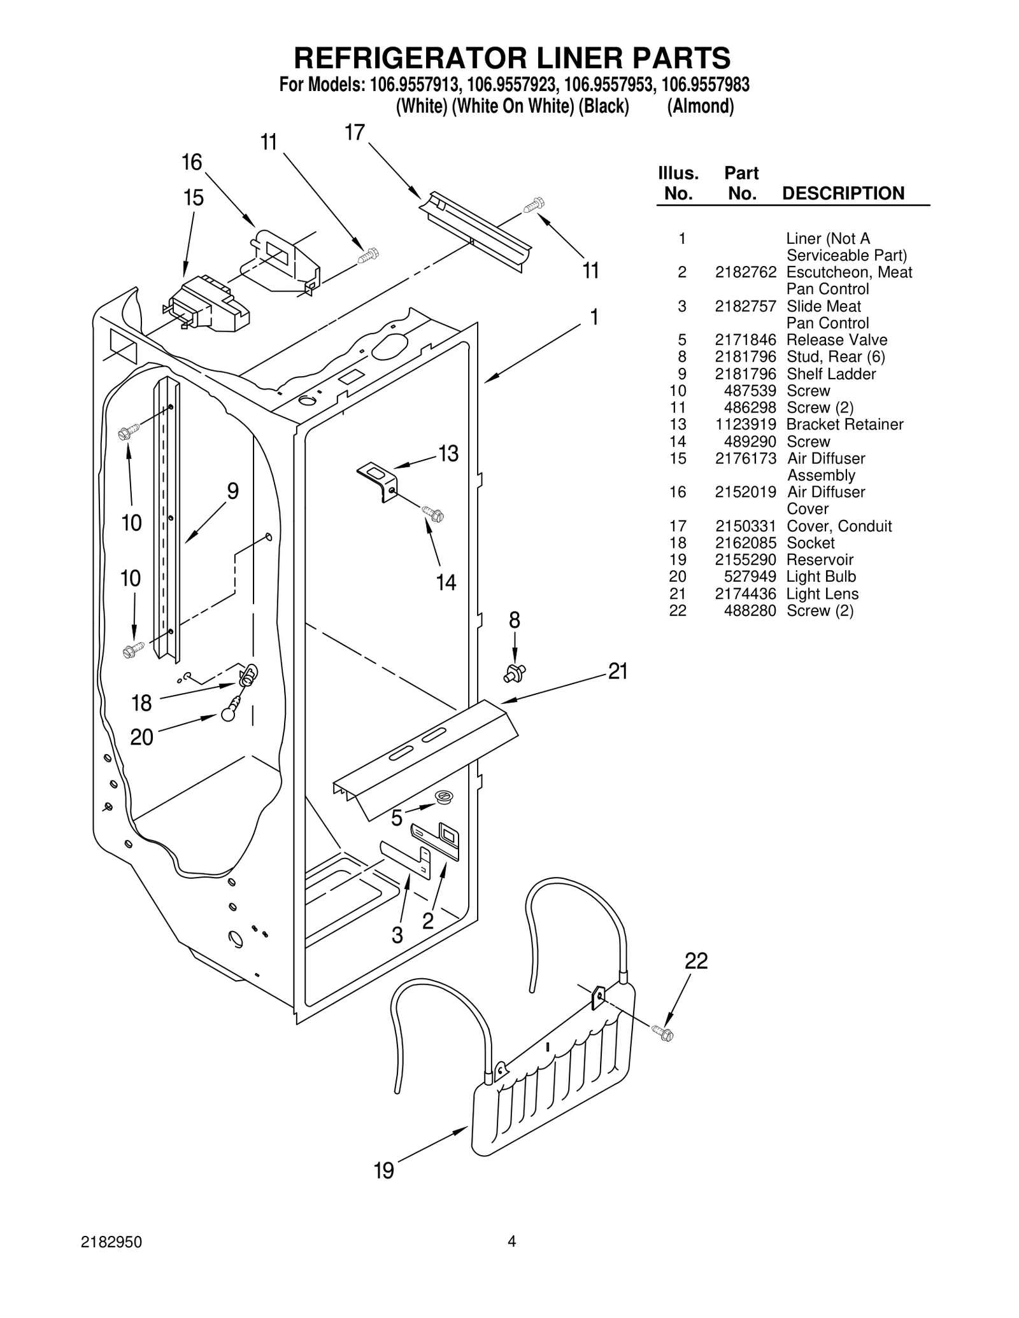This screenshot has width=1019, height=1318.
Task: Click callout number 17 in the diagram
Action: [x=354, y=132]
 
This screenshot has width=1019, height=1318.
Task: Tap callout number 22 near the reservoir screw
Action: [x=696, y=960]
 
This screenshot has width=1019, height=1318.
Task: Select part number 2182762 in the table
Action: [x=745, y=272]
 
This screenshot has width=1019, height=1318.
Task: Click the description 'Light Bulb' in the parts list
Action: [x=821, y=577]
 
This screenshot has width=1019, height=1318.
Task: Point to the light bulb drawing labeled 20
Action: [x=230, y=712]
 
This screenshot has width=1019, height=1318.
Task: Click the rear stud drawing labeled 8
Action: [x=515, y=672]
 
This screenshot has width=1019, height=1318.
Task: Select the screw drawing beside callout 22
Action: [x=663, y=1034]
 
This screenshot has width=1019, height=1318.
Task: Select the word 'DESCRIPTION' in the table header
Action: [x=843, y=193]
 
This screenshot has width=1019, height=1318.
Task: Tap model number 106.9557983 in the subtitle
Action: [x=705, y=85]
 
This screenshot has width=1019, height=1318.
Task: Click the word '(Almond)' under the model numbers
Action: [x=700, y=106]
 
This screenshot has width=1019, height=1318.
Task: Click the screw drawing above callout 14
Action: [x=433, y=513]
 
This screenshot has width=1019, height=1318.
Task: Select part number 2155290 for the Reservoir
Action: [x=745, y=560]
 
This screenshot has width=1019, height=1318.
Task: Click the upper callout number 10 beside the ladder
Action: [x=131, y=523]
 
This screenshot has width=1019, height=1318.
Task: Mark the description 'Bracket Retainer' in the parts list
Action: [x=844, y=424]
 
